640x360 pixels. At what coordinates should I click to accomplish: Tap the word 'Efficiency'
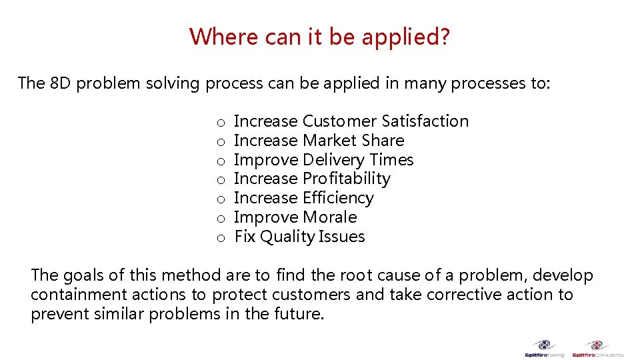click(338, 198)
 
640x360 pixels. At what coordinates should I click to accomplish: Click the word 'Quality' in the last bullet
click(287, 237)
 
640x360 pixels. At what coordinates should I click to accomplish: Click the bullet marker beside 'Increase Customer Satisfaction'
click(220, 123)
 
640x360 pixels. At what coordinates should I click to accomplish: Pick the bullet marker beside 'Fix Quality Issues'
click(220, 238)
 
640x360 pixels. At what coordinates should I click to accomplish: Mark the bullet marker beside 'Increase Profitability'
click(220, 180)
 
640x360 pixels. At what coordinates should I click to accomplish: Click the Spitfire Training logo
click(544, 349)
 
